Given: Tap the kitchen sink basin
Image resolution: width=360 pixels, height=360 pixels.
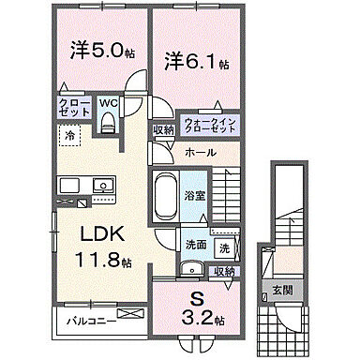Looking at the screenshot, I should [x=74, y=185].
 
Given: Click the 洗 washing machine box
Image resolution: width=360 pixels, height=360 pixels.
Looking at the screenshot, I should [x=224, y=249].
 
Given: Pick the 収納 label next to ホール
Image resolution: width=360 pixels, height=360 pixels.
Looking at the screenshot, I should [x=164, y=130].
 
